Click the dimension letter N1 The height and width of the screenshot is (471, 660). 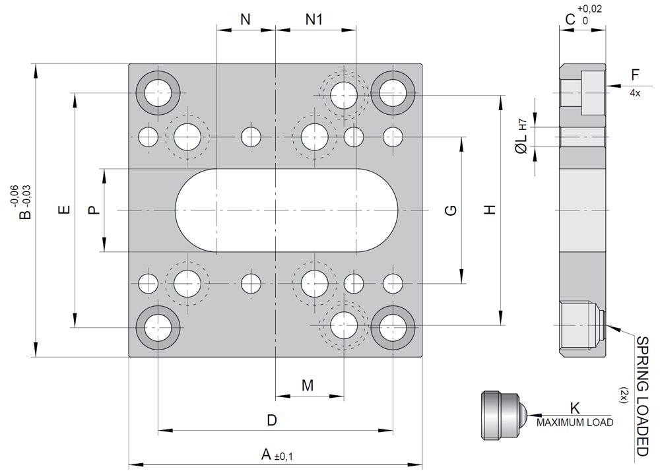pos(314,20)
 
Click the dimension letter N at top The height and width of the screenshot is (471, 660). pos(246,20)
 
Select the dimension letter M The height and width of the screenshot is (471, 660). pos(308,385)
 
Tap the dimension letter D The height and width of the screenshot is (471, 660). pos(271,420)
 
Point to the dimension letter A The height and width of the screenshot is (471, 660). pos(267,454)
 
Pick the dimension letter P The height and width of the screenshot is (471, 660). pos(93,210)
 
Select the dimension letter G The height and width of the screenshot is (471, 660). pos(451,210)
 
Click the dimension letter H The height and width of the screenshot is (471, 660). pos(489,210)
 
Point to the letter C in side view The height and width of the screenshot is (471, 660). pos(570,20)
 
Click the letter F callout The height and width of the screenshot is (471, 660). pos(635,74)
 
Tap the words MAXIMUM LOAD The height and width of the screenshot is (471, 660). pos(574,422)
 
